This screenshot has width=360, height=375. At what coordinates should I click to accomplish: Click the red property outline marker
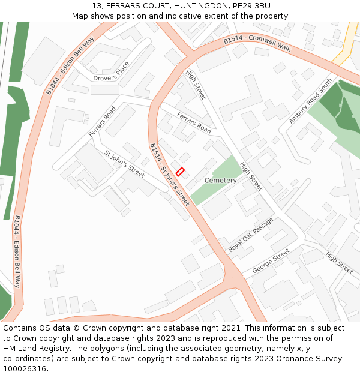180,171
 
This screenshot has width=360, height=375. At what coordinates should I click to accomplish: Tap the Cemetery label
220,181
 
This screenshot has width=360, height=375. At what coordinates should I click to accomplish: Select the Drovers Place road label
111,72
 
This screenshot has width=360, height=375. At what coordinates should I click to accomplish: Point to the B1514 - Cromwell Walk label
257,45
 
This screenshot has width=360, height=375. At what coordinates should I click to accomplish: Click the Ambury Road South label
310,101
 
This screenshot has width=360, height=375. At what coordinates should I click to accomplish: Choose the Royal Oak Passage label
251,235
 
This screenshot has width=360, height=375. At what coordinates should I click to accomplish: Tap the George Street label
270,262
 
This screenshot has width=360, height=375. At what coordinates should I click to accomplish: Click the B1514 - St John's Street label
169,175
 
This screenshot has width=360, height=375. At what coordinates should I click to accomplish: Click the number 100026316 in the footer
24,368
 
